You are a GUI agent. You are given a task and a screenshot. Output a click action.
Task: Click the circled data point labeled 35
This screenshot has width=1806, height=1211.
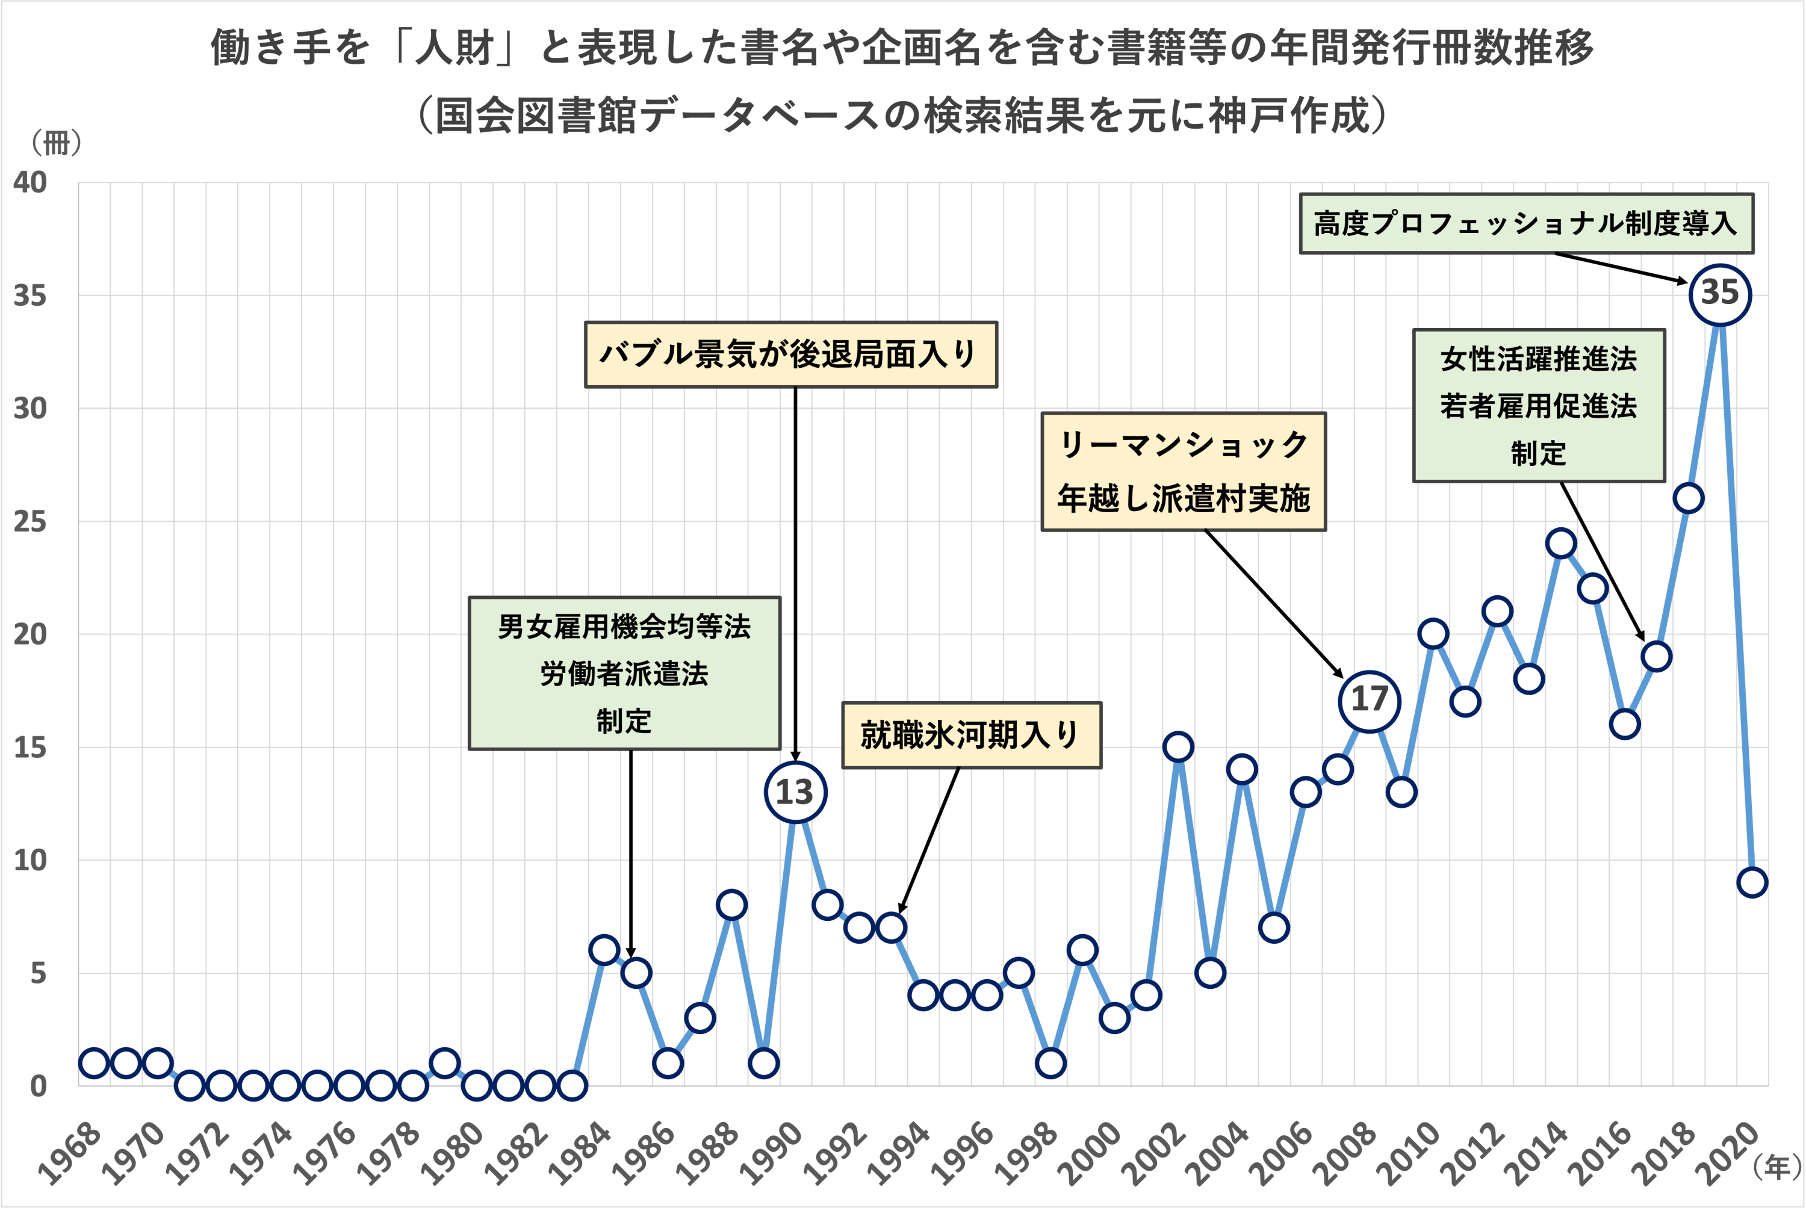click(1719, 294)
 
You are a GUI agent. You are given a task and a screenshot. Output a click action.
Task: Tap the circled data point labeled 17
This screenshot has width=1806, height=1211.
click(1369, 701)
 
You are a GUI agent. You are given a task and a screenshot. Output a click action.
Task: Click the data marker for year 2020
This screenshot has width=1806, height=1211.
click(1752, 882)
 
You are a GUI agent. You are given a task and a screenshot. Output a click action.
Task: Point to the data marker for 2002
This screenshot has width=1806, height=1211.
click(1178, 747)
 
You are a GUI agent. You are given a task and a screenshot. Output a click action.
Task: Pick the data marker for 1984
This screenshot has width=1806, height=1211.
click(603, 950)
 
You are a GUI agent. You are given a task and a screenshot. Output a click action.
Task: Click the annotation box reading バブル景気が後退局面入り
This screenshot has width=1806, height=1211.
click(790, 355)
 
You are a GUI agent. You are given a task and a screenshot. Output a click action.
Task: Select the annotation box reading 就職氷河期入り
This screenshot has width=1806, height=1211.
click(971, 734)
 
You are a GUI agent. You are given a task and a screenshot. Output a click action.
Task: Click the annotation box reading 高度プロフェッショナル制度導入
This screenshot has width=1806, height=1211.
click(1525, 224)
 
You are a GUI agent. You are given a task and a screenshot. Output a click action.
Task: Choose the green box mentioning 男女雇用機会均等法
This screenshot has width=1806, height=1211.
click(624, 673)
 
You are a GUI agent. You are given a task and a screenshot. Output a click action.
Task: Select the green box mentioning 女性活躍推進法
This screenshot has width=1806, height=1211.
click(1538, 406)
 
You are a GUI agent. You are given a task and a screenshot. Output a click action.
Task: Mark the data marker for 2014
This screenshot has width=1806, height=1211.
click(1560, 544)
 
